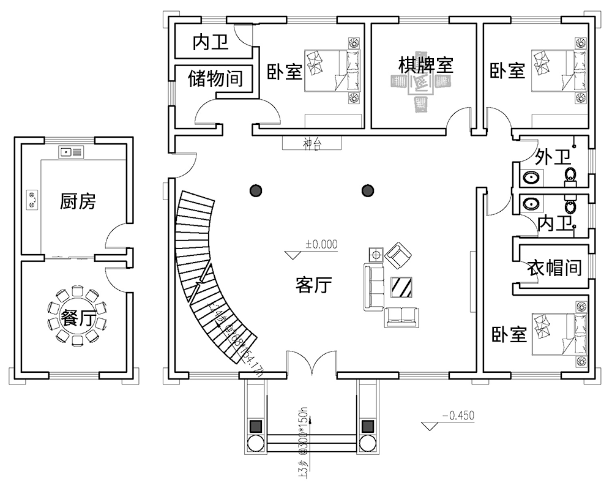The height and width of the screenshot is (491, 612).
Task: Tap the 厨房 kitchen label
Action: pyautogui.click(x=78, y=201)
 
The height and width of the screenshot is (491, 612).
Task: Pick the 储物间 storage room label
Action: pyautogui.click(x=215, y=78)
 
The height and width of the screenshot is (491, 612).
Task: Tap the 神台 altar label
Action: pyautogui.click(x=312, y=144)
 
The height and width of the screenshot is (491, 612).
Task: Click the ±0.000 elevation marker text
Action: pyautogui.click(x=321, y=244)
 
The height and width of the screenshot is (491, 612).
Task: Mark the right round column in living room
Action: pyautogui.click(x=368, y=191)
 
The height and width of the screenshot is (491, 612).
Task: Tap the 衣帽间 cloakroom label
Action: pyautogui.click(x=554, y=268)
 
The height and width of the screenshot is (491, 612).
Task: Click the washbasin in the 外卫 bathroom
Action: pyautogui.click(x=531, y=178)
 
